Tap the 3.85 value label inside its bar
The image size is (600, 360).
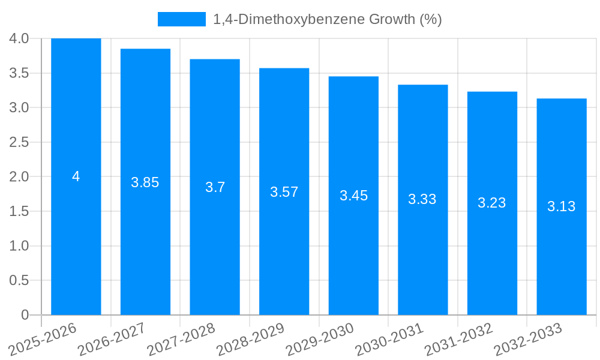click(145, 182)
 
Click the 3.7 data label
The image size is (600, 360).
click(215, 187)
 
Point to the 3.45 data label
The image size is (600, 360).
click(353, 196)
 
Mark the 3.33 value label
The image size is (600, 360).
click(422, 200)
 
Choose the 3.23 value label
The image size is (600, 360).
click(492, 203)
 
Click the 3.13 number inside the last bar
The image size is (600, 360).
click(561, 206)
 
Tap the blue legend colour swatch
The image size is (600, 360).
click(181, 19)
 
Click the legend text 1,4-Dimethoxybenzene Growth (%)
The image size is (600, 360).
click(328, 19)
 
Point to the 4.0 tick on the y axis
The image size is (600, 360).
click(19, 38)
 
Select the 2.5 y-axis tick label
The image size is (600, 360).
click(19, 142)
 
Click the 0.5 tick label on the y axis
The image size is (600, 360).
click(19, 280)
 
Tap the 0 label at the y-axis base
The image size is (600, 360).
click(25, 315)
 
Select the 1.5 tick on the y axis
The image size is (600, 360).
click(19, 211)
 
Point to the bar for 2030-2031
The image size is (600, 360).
click(422, 258)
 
